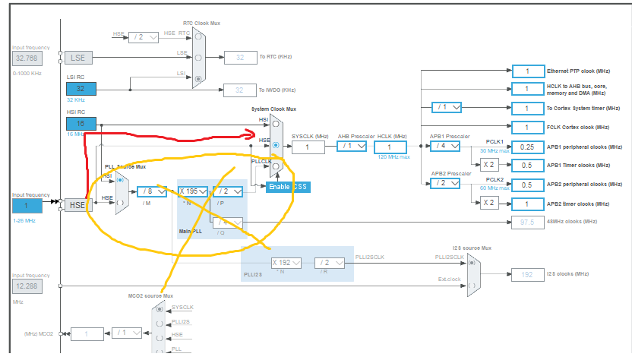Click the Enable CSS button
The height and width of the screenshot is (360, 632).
[289, 186]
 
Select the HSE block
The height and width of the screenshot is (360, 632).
[76, 204]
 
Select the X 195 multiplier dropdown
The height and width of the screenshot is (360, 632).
[192, 191]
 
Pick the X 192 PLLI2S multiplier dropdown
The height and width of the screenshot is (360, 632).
[286, 263]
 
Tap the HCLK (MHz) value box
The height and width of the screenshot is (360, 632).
[390, 147]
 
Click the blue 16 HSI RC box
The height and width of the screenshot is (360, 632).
[81, 124]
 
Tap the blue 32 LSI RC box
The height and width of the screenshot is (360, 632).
[81, 89]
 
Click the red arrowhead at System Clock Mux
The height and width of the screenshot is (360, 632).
[248, 134]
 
